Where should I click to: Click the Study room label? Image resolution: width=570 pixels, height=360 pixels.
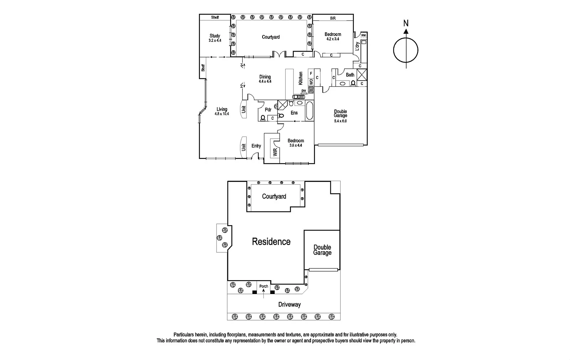[x=215, y=36]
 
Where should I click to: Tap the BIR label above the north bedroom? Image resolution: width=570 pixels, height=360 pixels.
[x=333, y=18]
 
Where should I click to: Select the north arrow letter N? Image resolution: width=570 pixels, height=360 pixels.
[x=406, y=23]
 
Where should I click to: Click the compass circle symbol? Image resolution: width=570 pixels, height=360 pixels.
[x=406, y=50]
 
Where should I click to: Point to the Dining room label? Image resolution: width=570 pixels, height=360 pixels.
[x=265, y=77]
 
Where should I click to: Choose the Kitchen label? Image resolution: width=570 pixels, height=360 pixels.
[x=301, y=78]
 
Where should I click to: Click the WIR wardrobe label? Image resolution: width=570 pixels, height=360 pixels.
[x=275, y=153]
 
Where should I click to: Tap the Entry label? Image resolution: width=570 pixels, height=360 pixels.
[x=256, y=146]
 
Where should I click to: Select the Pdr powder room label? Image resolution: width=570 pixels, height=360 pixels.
[x=268, y=110]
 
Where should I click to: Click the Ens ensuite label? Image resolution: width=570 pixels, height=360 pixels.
[x=294, y=113]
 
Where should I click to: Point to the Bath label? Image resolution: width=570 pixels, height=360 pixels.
[x=350, y=75]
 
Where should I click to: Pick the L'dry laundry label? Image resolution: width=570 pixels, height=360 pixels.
[x=357, y=47]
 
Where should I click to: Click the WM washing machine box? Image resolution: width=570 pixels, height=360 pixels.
[x=363, y=35]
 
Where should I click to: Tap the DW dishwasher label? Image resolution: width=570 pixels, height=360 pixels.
[x=304, y=91]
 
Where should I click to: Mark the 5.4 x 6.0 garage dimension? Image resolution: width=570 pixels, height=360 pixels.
[x=340, y=121]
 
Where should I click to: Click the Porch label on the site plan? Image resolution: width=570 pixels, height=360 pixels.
[x=264, y=286]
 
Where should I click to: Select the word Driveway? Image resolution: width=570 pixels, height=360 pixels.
[x=289, y=304]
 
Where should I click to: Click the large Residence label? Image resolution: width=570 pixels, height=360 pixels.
[x=271, y=242]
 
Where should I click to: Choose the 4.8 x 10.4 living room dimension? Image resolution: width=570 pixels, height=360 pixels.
[x=222, y=114]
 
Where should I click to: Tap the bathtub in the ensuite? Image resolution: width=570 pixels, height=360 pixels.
[x=309, y=111]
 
